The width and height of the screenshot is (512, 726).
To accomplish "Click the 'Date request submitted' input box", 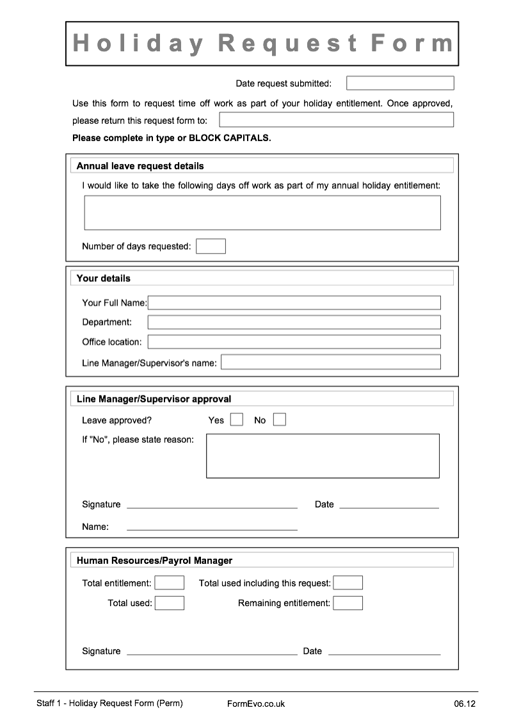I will click(x=400, y=83).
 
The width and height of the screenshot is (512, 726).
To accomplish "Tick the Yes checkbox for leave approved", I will click(x=237, y=420).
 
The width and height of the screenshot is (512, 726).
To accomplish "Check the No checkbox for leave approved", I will click(x=280, y=420).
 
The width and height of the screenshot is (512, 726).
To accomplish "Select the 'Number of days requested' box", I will click(x=211, y=246).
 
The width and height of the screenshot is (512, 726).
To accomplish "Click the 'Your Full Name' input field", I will click(x=294, y=302).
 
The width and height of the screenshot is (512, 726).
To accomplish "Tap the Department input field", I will click(x=294, y=322).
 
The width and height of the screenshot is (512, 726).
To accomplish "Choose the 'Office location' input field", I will click(x=294, y=342).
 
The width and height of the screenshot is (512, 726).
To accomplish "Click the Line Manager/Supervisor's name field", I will click(x=331, y=362).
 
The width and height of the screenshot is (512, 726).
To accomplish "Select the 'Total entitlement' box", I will click(x=170, y=582).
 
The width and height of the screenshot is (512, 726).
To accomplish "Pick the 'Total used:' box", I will click(x=170, y=603).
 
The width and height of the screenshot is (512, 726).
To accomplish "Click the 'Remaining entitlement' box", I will click(x=348, y=603).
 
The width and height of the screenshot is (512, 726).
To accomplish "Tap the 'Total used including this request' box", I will click(x=348, y=582).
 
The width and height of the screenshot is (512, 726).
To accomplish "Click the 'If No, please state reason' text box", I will click(x=323, y=456).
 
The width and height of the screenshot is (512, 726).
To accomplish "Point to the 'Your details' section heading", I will click(x=104, y=278).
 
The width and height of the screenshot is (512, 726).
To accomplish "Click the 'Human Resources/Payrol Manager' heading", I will click(x=154, y=560).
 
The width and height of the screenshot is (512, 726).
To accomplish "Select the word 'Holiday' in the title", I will click(x=138, y=44).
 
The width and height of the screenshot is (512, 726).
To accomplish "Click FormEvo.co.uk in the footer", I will click(x=256, y=704).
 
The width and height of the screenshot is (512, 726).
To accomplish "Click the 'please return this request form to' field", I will click(x=336, y=120).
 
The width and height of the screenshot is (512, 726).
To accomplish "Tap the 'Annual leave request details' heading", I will click(x=140, y=166).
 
